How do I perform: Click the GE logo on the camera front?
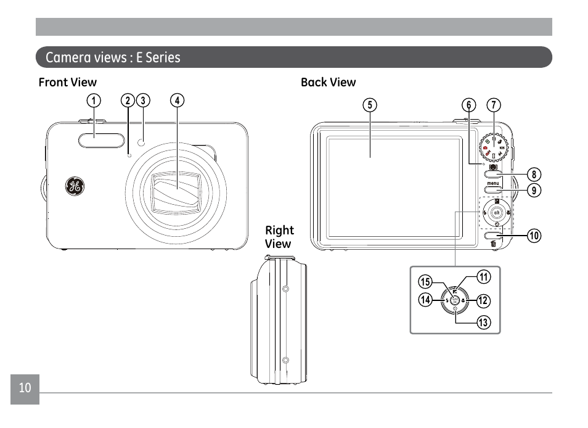coord(75,186)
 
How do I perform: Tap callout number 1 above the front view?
coord(93,101)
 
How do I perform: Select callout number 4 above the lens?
coord(178,101)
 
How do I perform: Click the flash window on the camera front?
coord(94,140)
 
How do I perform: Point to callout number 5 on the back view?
coord(369,105)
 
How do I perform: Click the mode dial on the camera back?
coord(494,147)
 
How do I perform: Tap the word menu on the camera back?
coord(493,183)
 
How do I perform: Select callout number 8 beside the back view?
coord(534,175)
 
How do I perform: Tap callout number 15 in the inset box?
coord(425,282)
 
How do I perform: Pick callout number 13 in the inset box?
coord(483,321)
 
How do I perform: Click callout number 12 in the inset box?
coord(483,301)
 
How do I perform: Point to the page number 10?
coord(25,388)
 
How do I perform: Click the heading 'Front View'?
coord(68,82)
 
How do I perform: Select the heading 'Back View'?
coord(328,82)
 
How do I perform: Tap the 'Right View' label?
coord(279,237)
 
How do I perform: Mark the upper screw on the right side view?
coord(285,289)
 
